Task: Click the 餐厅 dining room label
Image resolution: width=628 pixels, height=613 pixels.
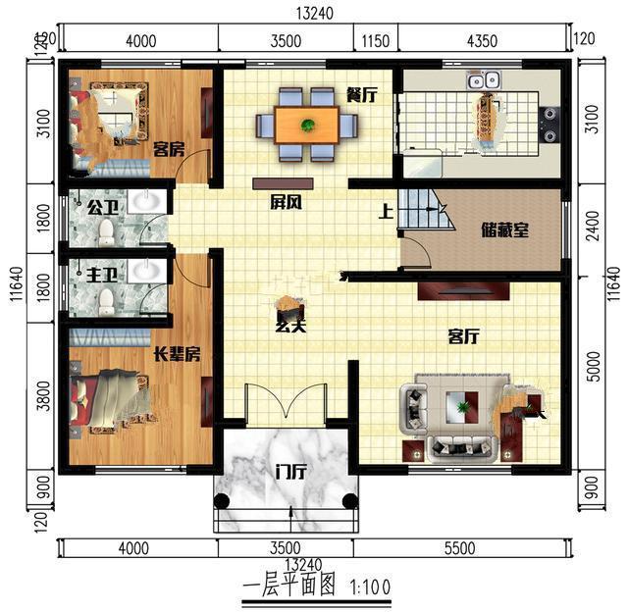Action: [361, 95]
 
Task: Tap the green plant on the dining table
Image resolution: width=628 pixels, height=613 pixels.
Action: [307, 126]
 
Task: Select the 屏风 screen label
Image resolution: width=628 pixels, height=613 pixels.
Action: [286, 203]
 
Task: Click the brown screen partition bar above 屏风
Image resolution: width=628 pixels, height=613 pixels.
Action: [283, 183]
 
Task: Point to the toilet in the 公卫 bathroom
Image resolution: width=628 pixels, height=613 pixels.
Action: [107, 231]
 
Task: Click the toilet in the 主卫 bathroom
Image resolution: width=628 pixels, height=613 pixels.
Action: [106, 301]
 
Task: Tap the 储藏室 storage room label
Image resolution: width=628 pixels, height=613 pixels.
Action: [504, 230]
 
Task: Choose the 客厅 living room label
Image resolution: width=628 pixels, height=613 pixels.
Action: [463, 336]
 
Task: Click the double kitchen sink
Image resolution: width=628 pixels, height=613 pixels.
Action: [484, 80]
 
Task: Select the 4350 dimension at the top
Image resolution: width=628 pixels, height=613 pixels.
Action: [482, 41]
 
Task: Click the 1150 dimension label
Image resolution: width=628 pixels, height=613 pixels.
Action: [375, 41]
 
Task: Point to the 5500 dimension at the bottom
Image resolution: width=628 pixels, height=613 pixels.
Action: [460, 548]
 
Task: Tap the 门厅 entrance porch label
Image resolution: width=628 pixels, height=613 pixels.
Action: [291, 473]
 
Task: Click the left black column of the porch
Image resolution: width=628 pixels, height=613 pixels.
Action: [222, 501]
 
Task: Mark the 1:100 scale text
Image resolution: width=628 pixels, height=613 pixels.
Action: [370, 587]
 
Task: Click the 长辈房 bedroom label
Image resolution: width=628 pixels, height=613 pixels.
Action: [178, 354]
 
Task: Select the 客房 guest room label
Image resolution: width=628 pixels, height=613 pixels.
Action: [169, 150]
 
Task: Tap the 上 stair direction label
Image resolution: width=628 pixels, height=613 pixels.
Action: [386, 212]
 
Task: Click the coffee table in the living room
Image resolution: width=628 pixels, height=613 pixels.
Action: [462, 407]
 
